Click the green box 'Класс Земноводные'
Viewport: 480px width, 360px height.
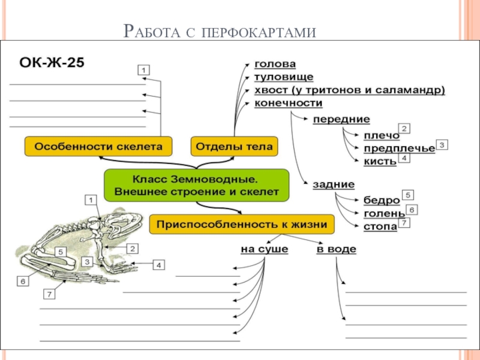coord(197,185)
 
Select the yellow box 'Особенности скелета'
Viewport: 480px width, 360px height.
coord(98,146)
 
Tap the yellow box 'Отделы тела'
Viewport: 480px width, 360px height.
coord(234,146)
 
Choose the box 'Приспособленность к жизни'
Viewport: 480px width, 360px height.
coord(242,224)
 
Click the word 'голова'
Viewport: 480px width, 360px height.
coord(275,64)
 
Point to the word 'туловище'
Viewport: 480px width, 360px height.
coord(284,77)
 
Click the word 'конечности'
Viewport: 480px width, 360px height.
coord(289,103)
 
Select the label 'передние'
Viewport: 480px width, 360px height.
coord(341,119)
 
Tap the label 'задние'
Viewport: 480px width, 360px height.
coord(334,185)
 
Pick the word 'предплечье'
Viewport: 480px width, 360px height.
coord(399,148)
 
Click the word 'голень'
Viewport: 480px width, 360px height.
coord(384,214)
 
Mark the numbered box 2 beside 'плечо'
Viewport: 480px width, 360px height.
coord(404,129)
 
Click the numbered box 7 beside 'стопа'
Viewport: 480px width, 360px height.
coord(404,223)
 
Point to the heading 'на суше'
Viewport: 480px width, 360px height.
coord(265,249)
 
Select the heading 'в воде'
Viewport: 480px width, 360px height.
coord(337,249)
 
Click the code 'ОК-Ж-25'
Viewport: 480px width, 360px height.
coord(52,62)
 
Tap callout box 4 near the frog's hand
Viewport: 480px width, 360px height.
coord(158,265)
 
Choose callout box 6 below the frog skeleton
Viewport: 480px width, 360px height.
coord(23,281)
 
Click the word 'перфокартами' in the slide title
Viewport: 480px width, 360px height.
coord(259,32)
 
